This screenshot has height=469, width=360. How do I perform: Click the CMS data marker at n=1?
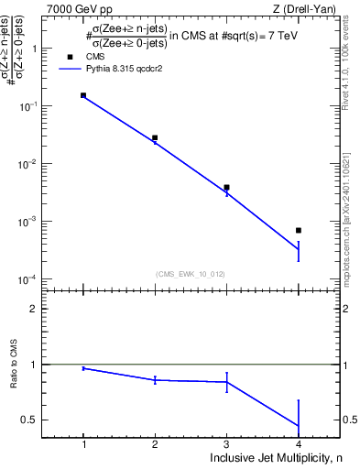[x=83, y=95]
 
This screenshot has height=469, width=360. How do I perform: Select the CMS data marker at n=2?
[x=155, y=137]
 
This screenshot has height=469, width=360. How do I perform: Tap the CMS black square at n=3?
[x=226, y=187]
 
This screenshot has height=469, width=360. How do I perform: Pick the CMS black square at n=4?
[x=299, y=230]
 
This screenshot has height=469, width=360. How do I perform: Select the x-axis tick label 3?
[x=226, y=444]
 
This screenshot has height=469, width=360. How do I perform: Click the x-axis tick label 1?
[x=83, y=444]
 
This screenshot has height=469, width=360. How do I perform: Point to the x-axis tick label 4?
[x=299, y=444]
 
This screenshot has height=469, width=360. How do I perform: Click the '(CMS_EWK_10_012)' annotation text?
[x=191, y=274]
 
